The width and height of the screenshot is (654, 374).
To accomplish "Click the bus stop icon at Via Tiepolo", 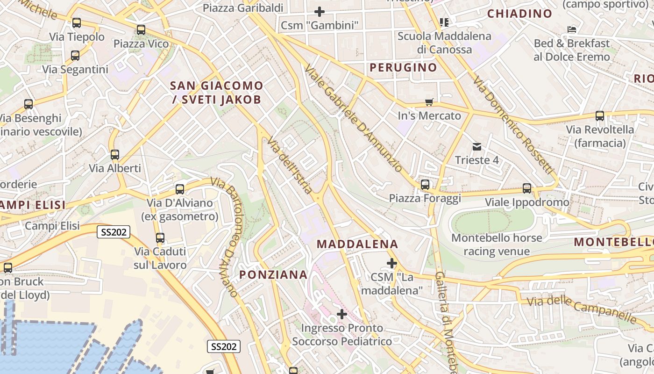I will (x=76, y=22).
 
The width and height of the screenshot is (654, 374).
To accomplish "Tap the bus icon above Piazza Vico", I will (x=141, y=30).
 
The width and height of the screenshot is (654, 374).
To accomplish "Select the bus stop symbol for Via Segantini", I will (x=75, y=56).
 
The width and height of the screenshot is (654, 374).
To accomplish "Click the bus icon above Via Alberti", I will (x=115, y=155).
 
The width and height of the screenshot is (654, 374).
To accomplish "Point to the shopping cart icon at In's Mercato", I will (x=429, y=102).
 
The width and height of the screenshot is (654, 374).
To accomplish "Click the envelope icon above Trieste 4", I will (x=476, y=147).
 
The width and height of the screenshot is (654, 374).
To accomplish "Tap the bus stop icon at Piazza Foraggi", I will (x=425, y=185).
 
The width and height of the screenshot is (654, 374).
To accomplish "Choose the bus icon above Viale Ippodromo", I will (x=527, y=188).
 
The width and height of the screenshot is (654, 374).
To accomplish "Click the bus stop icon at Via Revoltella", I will (x=600, y=116).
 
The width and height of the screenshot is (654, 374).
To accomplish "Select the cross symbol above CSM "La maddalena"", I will (x=392, y=264).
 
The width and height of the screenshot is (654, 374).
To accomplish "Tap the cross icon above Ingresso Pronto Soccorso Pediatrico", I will (x=342, y=314).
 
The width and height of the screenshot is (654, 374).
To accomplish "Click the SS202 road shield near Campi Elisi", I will (x=114, y=232).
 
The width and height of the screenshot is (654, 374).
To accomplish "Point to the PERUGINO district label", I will (x=403, y=67).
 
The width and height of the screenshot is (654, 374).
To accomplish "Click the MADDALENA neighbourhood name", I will (x=357, y=244).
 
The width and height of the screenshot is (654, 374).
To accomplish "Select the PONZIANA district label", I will (x=274, y=274).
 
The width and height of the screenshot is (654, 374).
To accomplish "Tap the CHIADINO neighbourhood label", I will (x=519, y=14).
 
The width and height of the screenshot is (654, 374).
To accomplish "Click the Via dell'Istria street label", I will (x=289, y=165).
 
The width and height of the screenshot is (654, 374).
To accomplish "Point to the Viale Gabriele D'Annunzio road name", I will (x=353, y=119).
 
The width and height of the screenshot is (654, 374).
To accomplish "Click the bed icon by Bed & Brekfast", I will (x=571, y=29).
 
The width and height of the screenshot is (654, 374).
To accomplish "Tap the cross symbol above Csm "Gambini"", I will (x=320, y=11).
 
